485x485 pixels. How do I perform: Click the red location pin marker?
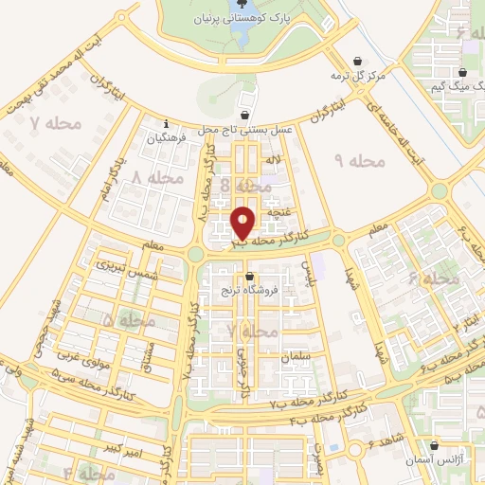coord(242,223)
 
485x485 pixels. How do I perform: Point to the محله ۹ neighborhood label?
coord(361,161)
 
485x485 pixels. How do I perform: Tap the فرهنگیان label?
coord(168,137)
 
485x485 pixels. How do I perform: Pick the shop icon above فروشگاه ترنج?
coord(249,278)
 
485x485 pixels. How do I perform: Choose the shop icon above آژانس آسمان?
coord(435,444)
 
